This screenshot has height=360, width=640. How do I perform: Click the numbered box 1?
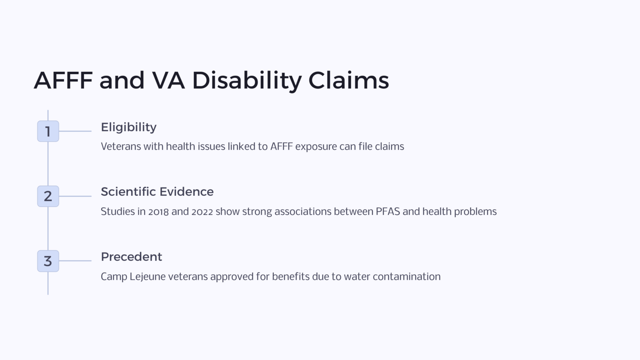tap(48, 131)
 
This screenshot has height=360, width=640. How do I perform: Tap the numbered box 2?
tap(48, 196)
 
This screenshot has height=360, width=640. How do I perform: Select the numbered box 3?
tap(48, 261)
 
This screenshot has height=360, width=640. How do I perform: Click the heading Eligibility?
tap(128, 127)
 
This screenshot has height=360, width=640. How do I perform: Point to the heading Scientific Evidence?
tap(157, 192)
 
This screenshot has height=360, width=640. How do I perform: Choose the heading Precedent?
tap(131, 257)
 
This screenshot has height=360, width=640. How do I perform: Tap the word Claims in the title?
tap(348, 80)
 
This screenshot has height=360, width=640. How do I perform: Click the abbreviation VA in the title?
tap(168, 80)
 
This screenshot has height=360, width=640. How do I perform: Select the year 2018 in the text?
tap(158, 212)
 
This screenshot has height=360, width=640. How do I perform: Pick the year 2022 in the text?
tap(202, 212)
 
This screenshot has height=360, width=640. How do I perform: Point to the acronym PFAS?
tap(387, 212)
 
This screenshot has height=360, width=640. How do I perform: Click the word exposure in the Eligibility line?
tap(316, 147)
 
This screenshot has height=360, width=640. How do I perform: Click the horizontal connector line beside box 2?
tap(75, 196)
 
